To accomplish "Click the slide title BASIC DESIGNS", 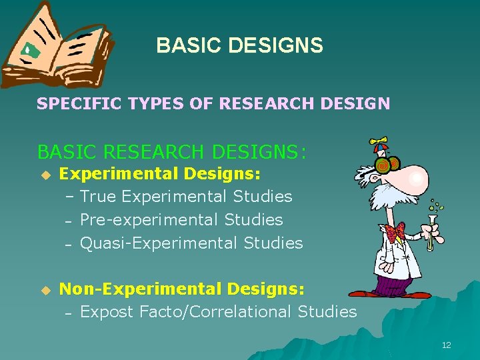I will pos(239,45).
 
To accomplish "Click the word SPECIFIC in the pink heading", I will pos(69,103).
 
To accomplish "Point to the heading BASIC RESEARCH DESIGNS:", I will pos(172,152).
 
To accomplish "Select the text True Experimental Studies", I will pos(186,197).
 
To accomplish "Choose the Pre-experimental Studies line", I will pos(181,219).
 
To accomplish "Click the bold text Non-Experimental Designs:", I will pos(182,289).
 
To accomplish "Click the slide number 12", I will pos(446,345).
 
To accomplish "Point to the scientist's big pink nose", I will pos(415,177).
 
